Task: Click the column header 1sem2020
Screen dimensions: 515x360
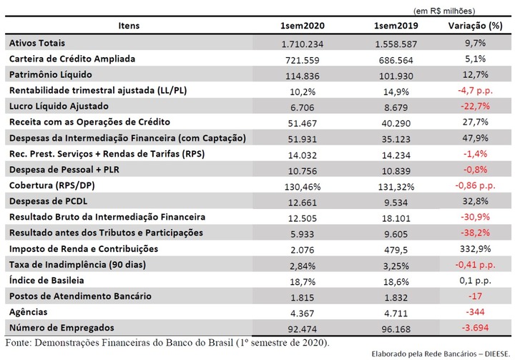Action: pos(302,26)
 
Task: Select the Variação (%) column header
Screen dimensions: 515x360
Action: pos(475,26)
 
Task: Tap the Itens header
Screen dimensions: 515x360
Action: pos(129,26)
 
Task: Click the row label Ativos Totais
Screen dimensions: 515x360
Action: pos(37,43)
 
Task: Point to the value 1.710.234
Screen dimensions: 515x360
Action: pos(302,44)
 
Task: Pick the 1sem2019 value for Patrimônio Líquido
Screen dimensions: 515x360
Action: pos(396,76)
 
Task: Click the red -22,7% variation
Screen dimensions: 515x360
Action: pos(475,106)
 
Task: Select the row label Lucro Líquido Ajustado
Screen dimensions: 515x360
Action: pos(59,106)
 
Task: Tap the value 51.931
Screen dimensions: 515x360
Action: pos(302,139)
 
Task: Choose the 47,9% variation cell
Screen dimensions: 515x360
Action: pos(475,137)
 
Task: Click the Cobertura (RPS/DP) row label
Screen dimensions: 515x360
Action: pos(52,185)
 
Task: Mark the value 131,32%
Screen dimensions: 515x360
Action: pos(396,187)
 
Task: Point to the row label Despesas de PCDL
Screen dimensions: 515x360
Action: pos(49,201)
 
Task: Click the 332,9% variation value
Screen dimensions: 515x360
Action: pos(475,248)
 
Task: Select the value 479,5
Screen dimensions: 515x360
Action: pos(396,250)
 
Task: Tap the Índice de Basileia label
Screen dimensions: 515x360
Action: pos(46,280)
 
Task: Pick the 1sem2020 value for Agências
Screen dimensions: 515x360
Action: pos(302,313)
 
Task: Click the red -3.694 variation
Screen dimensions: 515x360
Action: pos(475,328)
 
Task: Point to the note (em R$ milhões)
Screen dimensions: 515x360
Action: pos(444,11)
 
